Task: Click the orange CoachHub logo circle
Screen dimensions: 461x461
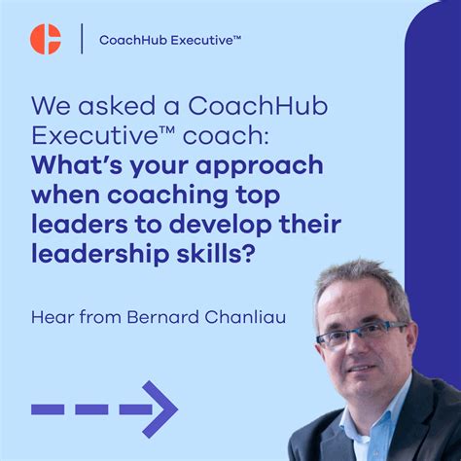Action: point(45,39)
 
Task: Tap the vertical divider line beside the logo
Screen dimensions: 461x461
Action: point(81,39)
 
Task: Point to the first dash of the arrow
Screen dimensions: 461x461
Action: point(48,408)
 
